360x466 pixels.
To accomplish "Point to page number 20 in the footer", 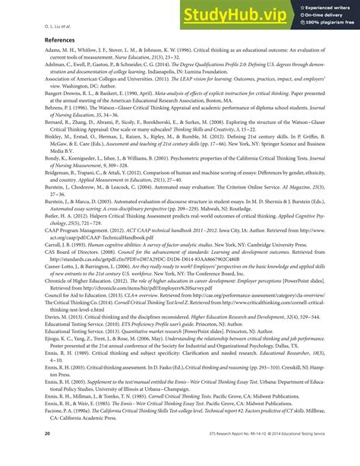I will tap(27, 455).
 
